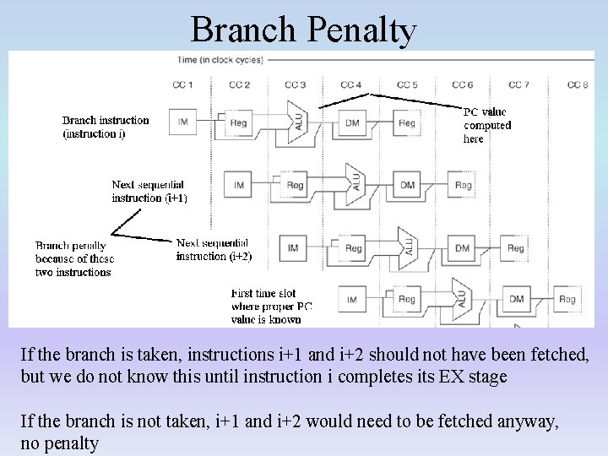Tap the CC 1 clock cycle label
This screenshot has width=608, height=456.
click(x=182, y=84)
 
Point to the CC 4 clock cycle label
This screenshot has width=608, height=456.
click(x=350, y=84)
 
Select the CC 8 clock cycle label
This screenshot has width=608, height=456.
click(x=578, y=84)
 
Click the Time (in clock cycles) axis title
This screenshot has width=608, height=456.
click(x=220, y=60)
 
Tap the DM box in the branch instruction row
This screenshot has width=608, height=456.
click(x=352, y=123)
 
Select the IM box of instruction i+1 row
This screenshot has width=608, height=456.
click(x=239, y=185)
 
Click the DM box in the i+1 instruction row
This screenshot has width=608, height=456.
click(x=407, y=185)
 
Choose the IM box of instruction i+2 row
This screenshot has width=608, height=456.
click(x=293, y=247)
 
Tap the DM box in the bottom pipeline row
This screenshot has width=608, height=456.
click(x=516, y=299)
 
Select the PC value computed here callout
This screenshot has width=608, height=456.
click(x=486, y=125)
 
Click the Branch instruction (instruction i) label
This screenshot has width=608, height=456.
click(x=106, y=127)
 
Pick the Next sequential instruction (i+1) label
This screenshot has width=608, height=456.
click(x=149, y=191)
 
